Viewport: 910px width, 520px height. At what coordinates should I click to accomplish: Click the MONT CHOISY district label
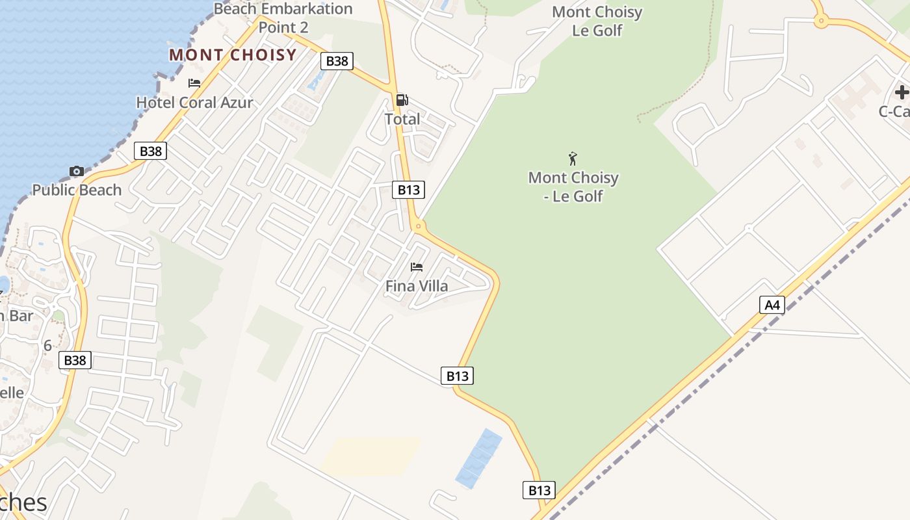click(233, 55)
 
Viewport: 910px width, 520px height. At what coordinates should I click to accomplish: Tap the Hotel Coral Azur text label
click(194, 102)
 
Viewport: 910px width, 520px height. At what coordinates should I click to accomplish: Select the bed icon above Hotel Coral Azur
click(194, 83)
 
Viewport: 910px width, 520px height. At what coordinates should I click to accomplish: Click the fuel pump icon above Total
click(402, 100)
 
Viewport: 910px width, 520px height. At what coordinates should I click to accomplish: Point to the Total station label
click(402, 120)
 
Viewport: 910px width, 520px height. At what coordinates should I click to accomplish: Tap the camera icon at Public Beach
click(77, 172)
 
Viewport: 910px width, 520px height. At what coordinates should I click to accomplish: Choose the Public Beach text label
click(77, 190)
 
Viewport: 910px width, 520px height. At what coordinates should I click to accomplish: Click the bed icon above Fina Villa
click(417, 267)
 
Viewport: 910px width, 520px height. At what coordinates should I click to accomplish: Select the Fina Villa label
click(417, 286)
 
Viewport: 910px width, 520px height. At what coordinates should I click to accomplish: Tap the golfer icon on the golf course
click(573, 159)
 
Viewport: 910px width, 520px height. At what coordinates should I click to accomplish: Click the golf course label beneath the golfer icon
click(573, 187)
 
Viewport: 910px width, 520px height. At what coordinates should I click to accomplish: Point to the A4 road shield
click(772, 305)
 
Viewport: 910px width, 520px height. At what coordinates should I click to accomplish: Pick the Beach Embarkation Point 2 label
click(283, 18)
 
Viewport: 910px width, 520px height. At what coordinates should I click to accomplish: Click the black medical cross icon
click(902, 92)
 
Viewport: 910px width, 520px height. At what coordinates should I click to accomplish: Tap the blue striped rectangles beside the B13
click(479, 458)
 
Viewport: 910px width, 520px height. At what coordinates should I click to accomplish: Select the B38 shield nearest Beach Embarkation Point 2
click(337, 61)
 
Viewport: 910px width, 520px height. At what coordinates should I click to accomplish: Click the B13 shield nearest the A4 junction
click(539, 490)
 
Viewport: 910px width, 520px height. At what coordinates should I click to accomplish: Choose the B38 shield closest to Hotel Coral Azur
click(151, 151)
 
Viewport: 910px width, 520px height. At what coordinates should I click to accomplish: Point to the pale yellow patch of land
click(370, 455)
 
